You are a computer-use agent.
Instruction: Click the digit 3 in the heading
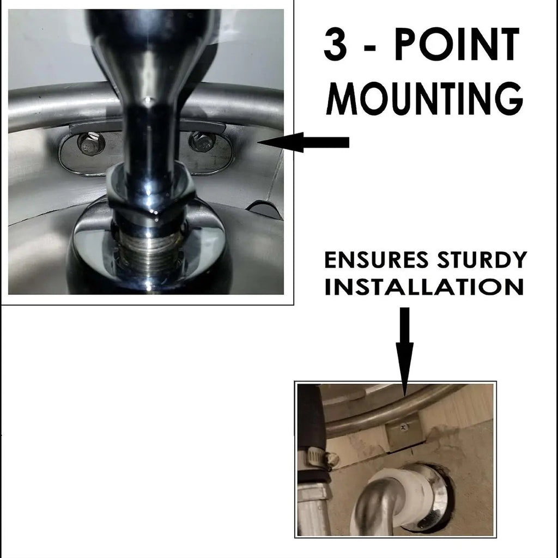[x=335, y=45]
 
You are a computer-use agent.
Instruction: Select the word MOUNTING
[x=424, y=99]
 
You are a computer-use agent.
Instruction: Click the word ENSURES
[x=377, y=260]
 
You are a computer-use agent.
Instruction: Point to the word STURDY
[x=482, y=260]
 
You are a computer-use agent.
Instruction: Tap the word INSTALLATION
[x=424, y=287]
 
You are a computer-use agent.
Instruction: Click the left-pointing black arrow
[x=303, y=142]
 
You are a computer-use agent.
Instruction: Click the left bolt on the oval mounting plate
[x=91, y=143]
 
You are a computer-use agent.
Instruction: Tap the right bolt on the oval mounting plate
[x=202, y=141]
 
